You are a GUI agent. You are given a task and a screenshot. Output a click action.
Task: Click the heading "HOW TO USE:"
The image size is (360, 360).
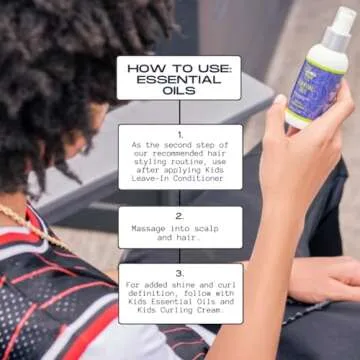[180, 68]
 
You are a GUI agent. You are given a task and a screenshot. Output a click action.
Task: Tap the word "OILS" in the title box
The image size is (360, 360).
[180, 88]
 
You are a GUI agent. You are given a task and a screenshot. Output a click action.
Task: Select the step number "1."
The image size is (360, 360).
[180, 133]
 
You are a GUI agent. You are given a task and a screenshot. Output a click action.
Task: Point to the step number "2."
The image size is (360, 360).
[180, 215]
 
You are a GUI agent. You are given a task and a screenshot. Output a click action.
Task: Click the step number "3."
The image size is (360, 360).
[180, 271]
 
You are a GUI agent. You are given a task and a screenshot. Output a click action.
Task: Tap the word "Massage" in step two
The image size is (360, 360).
[151, 228]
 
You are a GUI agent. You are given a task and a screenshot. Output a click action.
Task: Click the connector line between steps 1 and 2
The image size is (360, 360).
[180, 198]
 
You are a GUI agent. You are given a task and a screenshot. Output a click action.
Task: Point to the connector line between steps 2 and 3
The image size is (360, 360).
[180, 255]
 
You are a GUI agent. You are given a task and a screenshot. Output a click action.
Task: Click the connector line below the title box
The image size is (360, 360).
[180, 112]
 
